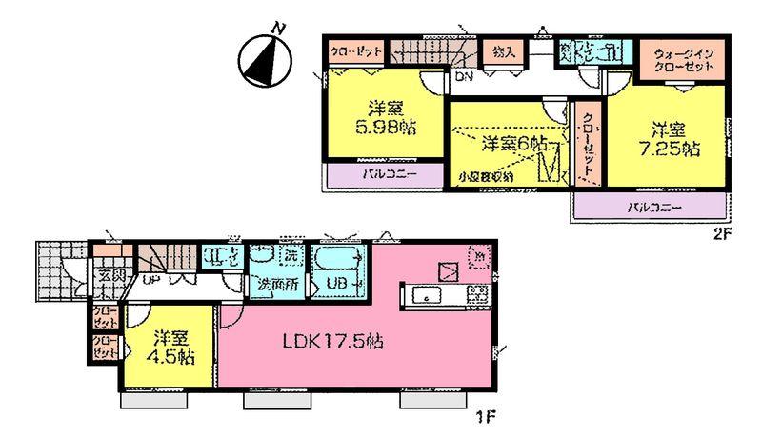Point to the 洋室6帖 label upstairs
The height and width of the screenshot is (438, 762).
(512, 144)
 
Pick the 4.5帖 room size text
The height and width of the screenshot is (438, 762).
(172, 358)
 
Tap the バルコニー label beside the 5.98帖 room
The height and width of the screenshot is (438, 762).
(385, 176)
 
